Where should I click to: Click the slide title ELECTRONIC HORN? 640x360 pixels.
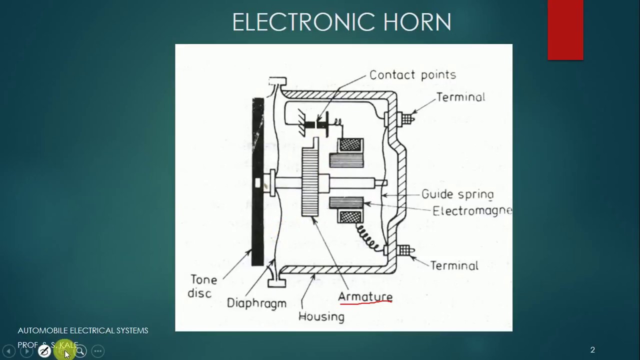341,22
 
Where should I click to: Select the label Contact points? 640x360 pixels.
412,75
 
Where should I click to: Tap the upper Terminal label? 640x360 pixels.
460,97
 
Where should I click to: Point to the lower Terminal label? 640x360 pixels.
454,265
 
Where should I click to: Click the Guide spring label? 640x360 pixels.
457,194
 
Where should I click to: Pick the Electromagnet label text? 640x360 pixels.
472,210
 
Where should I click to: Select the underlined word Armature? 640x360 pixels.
365,296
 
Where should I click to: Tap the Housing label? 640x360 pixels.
321,316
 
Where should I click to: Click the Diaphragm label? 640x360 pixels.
256,303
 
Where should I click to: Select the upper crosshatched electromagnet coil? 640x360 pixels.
350,145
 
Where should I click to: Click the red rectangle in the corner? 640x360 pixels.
565,30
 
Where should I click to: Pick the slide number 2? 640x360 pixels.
592,350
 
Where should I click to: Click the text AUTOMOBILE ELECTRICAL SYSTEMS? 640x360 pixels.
83,330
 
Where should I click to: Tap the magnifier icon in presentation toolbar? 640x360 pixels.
80,351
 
